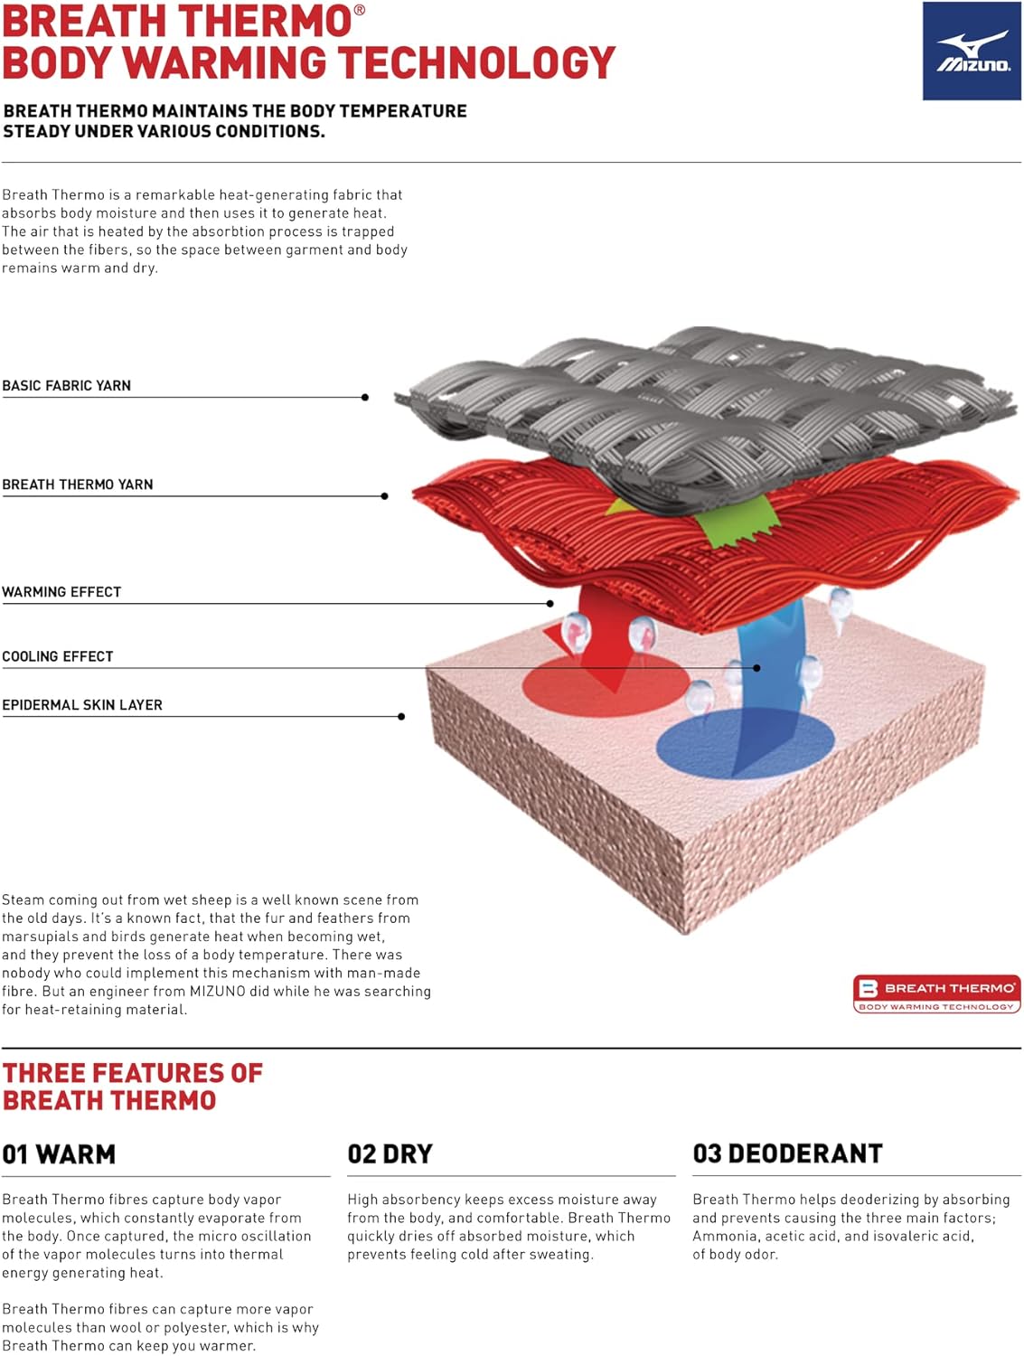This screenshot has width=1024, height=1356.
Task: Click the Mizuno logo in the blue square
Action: (971, 51)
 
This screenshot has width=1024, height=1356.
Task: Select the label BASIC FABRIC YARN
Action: (67, 385)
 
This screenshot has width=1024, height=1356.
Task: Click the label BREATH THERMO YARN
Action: (78, 485)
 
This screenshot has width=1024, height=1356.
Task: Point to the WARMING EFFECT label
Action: (61, 592)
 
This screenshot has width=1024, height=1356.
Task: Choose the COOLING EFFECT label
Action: (58, 656)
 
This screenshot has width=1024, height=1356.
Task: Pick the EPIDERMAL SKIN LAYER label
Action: (82, 705)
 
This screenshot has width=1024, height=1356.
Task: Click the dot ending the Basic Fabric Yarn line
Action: (365, 397)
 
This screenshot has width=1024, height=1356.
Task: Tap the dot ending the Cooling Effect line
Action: (756, 668)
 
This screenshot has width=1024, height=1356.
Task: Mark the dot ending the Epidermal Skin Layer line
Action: (401, 717)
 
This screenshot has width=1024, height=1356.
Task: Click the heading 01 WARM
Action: (60, 1154)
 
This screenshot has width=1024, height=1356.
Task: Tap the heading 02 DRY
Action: (390, 1154)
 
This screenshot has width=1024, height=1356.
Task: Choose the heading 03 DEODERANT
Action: (788, 1154)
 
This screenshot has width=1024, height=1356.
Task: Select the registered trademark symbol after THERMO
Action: (360, 11)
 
